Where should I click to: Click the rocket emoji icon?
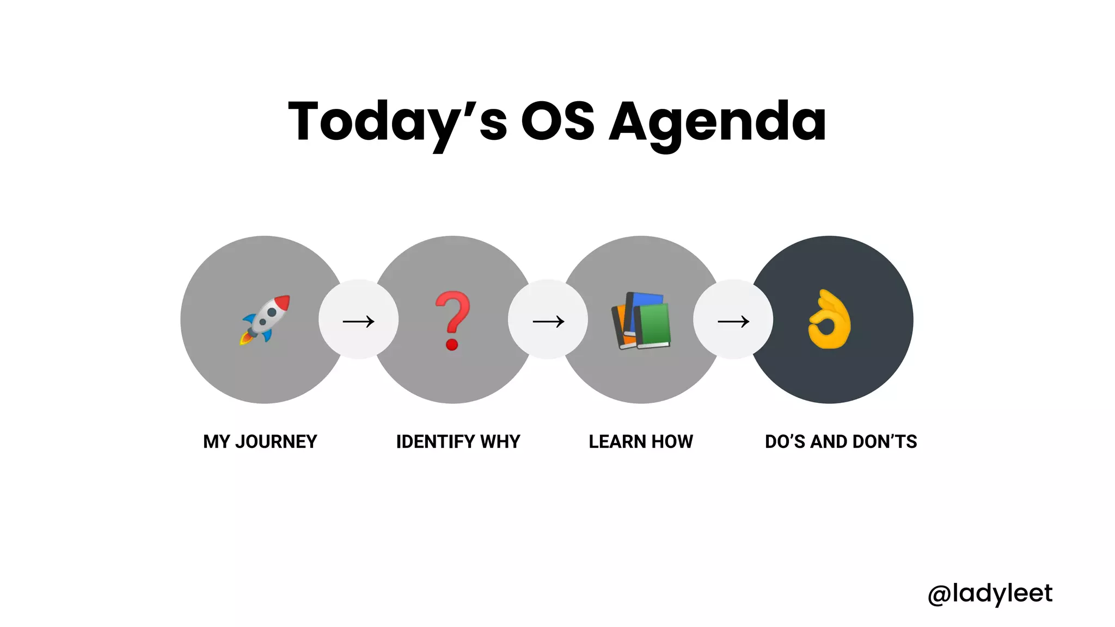click(266, 319)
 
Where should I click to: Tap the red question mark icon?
click(452, 320)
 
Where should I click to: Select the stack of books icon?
click(641, 321)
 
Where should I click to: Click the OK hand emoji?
click(829, 319)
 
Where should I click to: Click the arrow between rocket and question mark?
click(358, 321)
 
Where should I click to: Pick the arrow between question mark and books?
click(548, 321)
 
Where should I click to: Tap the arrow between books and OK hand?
click(733, 321)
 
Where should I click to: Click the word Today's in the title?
click(397, 122)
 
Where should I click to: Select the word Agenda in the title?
click(718, 123)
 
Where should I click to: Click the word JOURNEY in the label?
click(276, 441)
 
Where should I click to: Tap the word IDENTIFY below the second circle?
click(436, 441)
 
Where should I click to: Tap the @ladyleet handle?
click(990, 593)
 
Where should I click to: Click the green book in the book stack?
click(653, 325)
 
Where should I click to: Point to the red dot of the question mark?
click(452, 344)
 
